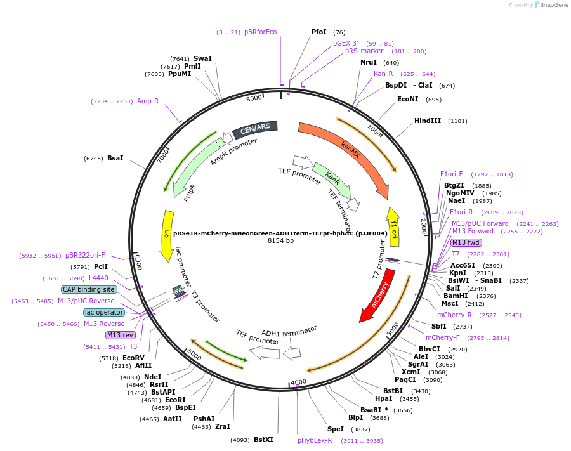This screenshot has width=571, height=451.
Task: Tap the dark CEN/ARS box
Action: click(255, 129)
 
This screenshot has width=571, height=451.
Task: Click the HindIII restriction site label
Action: click(428, 121)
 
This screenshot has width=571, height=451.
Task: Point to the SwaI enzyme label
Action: click(202, 58)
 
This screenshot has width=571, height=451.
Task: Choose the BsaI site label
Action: click(115, 158)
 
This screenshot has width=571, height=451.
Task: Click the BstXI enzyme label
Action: click(263, 440)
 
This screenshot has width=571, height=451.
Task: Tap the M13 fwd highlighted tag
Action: click(466, 242)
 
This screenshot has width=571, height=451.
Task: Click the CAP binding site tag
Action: click(89, 289)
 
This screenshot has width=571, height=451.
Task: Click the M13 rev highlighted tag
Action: click(121, 335)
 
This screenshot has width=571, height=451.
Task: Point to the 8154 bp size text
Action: click(280, 240)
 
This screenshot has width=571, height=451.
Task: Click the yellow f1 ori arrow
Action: click(394, 225)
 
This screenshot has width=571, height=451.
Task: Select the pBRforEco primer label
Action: click(260, 32)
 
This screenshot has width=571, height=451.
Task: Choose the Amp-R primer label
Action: click(148, 101)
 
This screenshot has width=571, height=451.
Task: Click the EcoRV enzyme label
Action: click(133, 358)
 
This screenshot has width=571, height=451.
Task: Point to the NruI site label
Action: click(369, 62)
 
